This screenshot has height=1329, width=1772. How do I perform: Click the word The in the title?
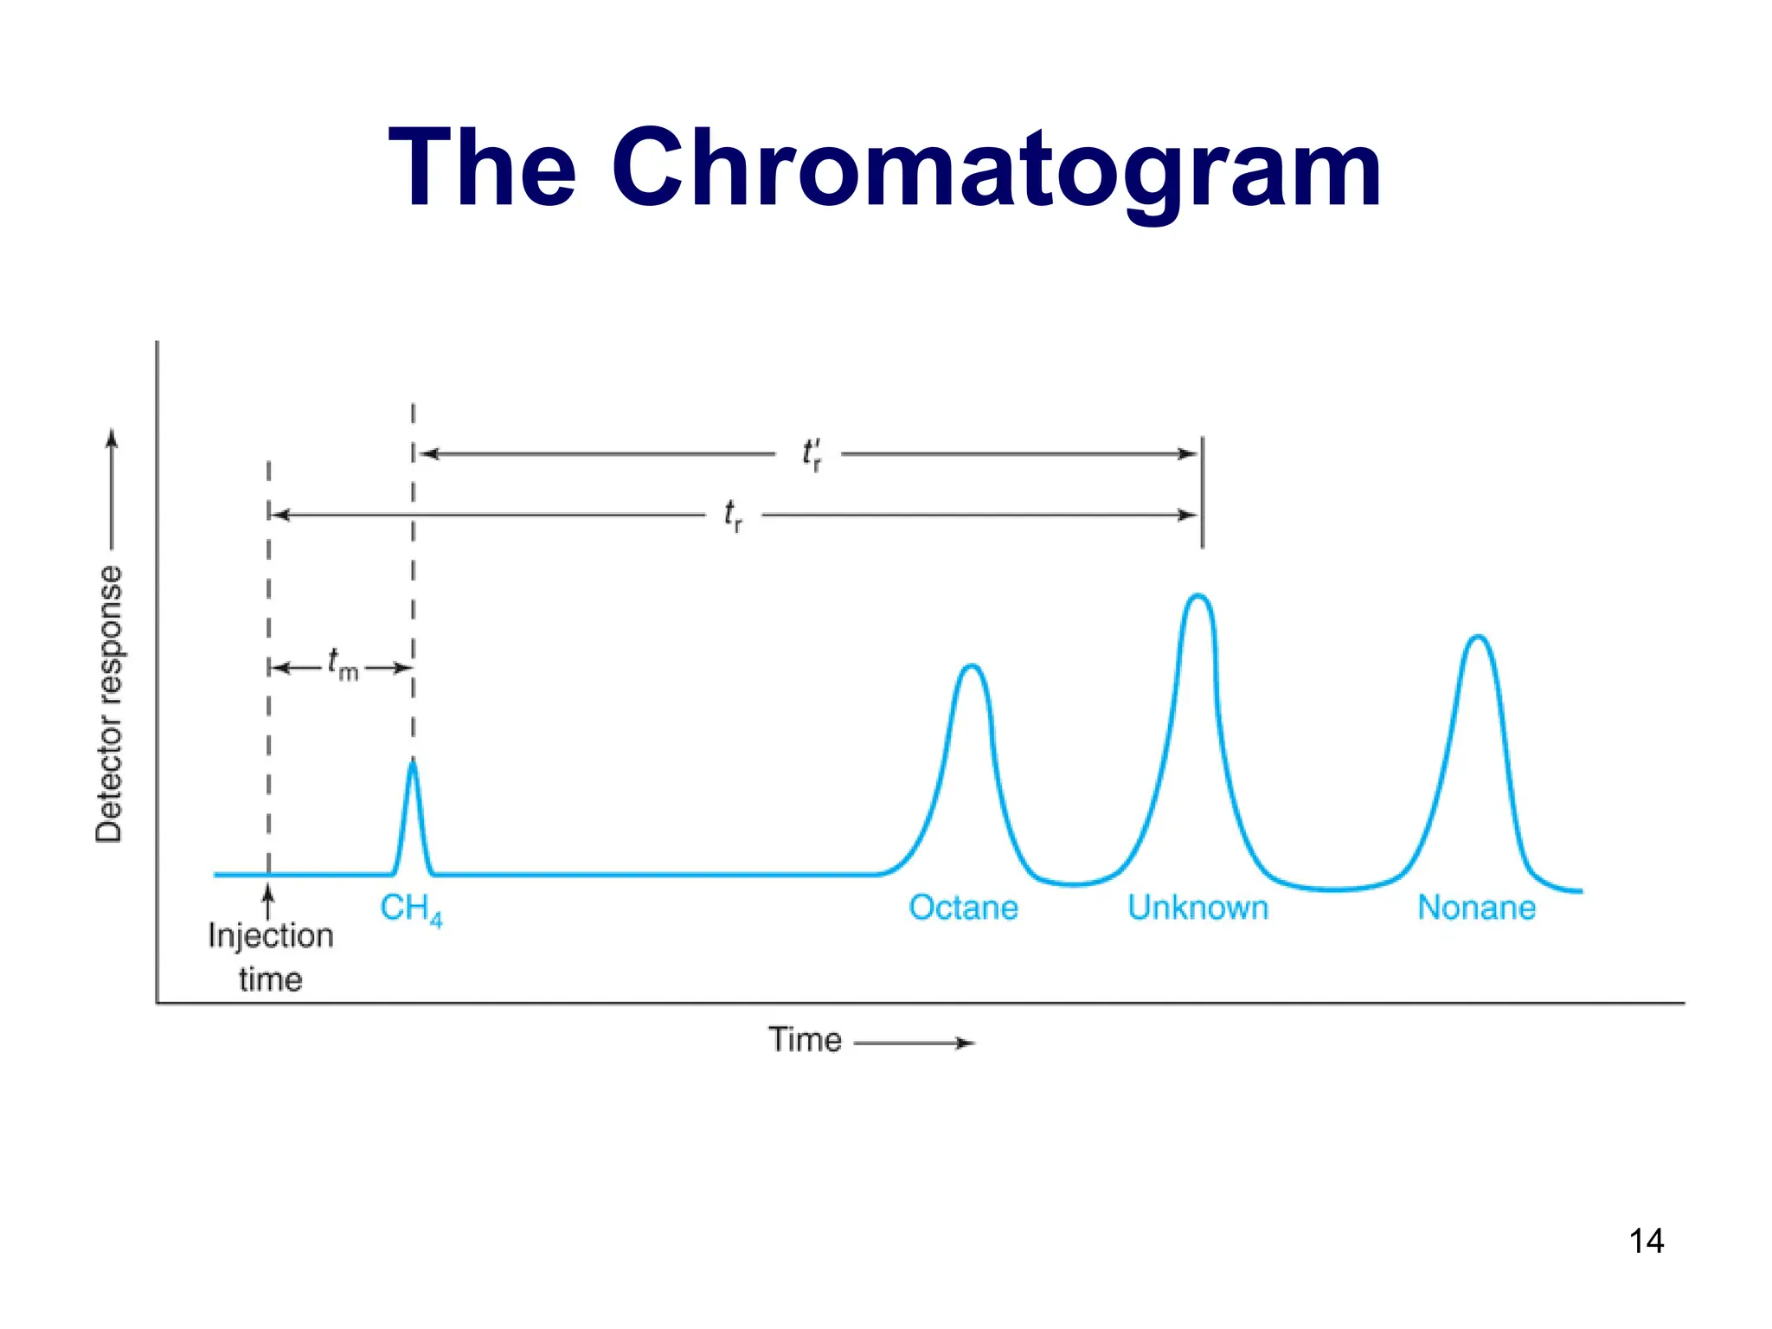point(482,170)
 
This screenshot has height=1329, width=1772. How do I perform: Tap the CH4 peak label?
point(410,909)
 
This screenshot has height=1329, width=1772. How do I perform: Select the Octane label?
point(963,908)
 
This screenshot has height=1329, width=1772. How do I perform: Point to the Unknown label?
point(1197,908)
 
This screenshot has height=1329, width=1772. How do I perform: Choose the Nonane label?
point(1476,908)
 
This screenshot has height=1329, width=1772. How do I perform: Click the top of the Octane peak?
point(972,665)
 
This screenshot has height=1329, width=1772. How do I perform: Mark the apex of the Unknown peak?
point(1198,595)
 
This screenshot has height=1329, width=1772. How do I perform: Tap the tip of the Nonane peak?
point(1478,637)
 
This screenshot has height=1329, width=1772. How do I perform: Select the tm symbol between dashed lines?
point(342,665)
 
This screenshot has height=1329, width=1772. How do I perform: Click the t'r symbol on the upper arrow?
point(811,453)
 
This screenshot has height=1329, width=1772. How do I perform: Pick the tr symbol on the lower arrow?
point(732,516)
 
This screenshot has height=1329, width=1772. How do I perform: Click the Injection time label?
point(270,957)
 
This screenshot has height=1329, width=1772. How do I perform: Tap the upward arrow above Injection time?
point(268,900)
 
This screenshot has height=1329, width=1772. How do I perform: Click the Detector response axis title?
point(109,703)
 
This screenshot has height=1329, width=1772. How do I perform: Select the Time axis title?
point(805,1039)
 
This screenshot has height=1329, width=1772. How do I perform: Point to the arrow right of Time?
point(915,1043)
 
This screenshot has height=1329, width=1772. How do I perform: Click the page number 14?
point(1646,1241)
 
